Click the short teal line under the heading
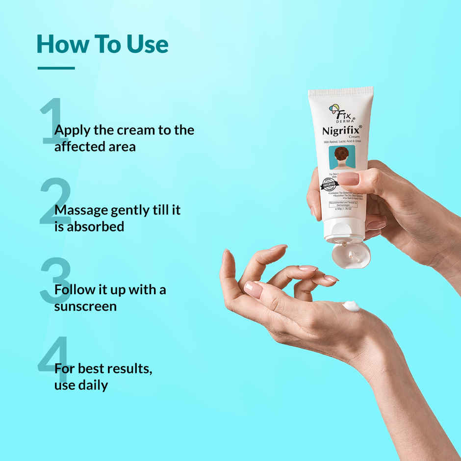[x=56, y=68]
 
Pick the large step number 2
[x=55, y=201]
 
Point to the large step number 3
[x=55, y=280]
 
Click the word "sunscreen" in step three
[x=85, y=306]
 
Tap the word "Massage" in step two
[x=80, y=210]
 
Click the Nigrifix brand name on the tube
[x=341, y=130]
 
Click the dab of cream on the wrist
[x=351, y=306]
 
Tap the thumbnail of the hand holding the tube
[x=348, y=179]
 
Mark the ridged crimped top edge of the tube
[x=341, y=91]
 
